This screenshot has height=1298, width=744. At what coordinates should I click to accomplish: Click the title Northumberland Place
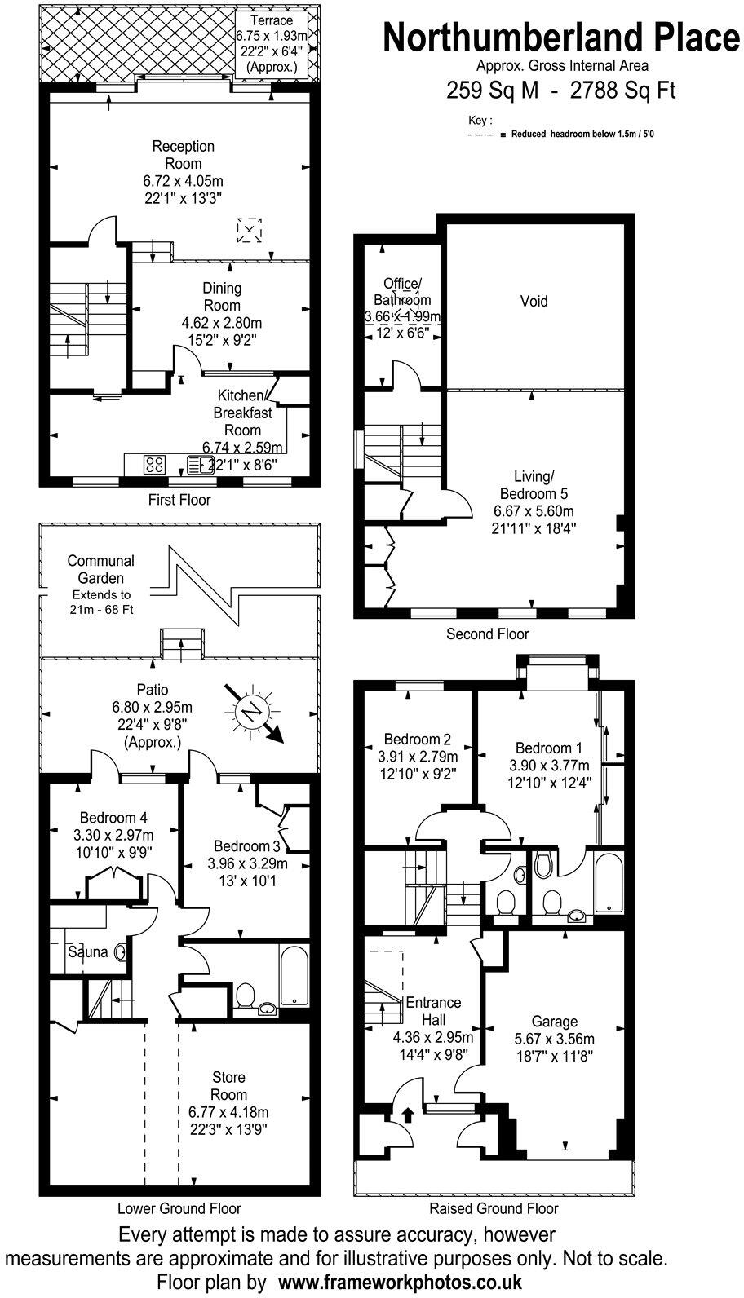pyautogui.click(x=561, y=38)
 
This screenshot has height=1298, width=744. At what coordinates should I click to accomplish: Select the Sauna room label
pyautogui.click(x=87, y=951)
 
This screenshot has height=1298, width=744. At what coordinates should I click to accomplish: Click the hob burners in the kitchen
pyautogui.click(x=155, y=465)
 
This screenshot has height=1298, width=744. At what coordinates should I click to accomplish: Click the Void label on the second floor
pyautogui.click(x=534, y=302)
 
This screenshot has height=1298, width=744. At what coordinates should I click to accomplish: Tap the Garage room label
pyautogui.click(x=555, y=1021)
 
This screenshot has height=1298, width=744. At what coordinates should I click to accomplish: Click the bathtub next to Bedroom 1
pyautogui.click(x=609, y=882)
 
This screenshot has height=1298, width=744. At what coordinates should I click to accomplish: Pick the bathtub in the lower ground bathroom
pyautogui.click(x=293, y=975)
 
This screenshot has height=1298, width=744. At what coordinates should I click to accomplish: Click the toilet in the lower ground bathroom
pyautogui.click(x=244, y=996)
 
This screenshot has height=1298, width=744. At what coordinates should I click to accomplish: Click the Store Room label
pyautogui.click(x=228, y=1086)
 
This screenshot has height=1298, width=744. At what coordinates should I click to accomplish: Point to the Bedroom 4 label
pyautogui.click(x=113, y=818)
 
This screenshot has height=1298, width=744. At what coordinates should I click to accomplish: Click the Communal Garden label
pyautogui.click(x=101, y=569)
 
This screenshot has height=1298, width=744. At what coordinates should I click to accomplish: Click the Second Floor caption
pyautogui.click(x=488, y=634)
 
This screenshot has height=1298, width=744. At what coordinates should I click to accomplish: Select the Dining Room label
pyautogui.click(x=222, y=296)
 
